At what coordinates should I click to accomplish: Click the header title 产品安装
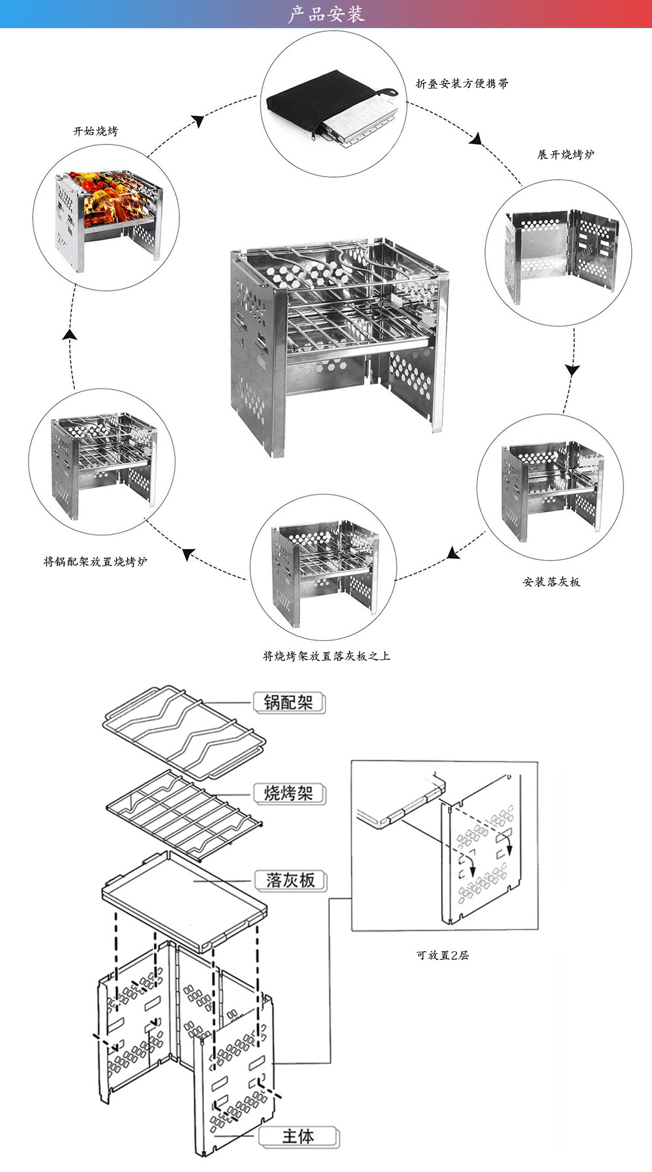[x=326, y=14]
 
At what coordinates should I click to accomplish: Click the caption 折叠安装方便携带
[x=462, y=83]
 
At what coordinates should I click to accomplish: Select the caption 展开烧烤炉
[x=565, y=155]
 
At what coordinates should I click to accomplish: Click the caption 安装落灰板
[x=551, y=582]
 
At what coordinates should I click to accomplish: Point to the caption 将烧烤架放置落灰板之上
[x=326, y=656]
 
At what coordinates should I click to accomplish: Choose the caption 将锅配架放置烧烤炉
[x=95, y=562]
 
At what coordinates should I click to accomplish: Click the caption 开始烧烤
[x=96, y=132]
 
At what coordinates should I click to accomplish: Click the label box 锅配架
[x=289, y=702]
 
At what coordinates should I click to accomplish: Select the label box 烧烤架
[x=289, y=793]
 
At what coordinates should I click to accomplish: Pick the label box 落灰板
[x=290, y=881]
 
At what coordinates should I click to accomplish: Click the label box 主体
[x=298, y=1136]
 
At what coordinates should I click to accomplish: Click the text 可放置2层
[x=443, y=955]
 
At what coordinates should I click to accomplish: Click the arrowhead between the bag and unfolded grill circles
[x=477, y=139]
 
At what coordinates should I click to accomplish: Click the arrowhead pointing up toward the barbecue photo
[x=70, y=335]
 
